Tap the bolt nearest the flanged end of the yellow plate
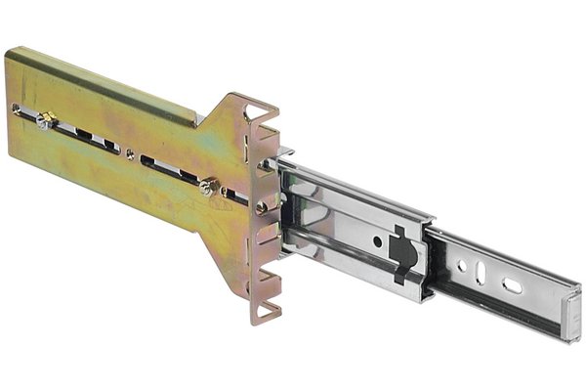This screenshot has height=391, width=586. pos(207,187)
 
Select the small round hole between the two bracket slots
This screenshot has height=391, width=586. pos(130,152)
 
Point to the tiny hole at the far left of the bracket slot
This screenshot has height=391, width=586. pos(16,109)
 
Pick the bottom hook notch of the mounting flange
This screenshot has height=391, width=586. pos(265,311)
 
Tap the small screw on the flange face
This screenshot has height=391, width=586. pos(262,206)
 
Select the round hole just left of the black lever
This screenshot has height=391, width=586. pos(377,240)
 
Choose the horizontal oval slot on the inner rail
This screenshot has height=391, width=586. pos(512,285)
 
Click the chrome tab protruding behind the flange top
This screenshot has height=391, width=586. pos(285,153)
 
